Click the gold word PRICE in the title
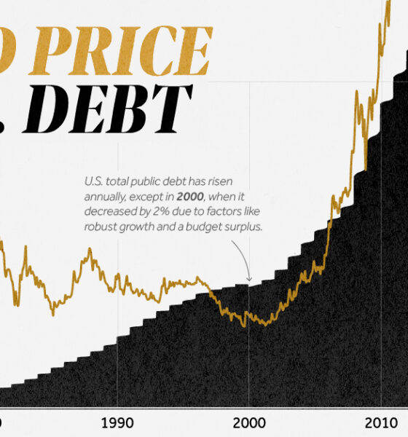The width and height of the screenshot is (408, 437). (131, 50)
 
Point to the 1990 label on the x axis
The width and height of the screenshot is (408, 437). (117, 423)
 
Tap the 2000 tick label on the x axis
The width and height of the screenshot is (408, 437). (248, 423)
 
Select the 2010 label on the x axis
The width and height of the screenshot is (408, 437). (379, 423)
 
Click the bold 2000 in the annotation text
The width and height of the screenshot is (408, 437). (193, 197)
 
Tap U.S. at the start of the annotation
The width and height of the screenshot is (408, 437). (92, 181)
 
